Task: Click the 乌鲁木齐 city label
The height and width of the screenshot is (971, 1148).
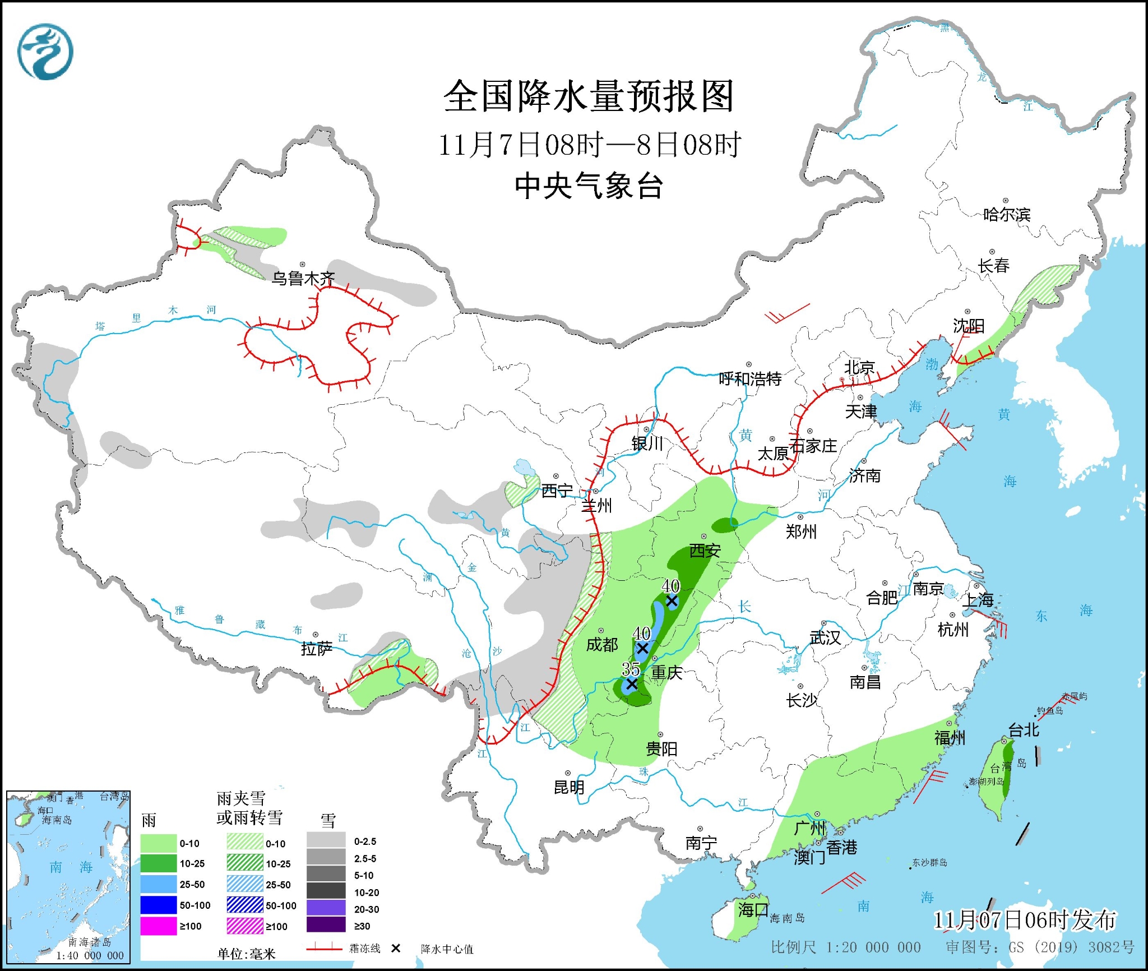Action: click(303, 278)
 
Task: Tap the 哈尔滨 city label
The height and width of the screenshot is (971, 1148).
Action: click(1007, 215)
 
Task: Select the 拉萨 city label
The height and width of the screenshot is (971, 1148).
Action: click(317, 649)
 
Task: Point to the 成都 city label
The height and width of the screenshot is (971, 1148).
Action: click(602, 645)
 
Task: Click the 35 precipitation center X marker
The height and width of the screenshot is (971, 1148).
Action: click(632, 684)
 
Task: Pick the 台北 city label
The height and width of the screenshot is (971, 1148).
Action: click(1024, 730)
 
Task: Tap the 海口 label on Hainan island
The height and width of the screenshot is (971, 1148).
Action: click(753, 909)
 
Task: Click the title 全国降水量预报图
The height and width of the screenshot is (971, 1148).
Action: click(589, 96)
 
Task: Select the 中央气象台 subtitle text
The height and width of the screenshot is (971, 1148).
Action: click(589, 186)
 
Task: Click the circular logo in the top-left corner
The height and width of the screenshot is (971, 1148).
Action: click(45, 52)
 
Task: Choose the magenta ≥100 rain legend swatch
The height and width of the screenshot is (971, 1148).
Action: click(159, 926)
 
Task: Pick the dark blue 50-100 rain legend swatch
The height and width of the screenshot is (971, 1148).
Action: click(159, 905)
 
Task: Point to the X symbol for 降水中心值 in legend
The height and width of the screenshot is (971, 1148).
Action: click(396, 948)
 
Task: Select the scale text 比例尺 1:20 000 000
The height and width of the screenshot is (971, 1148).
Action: click(845, 947)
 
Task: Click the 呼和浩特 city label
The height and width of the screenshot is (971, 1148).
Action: click(750, 379)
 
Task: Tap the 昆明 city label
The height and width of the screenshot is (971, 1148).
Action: click(569, 787)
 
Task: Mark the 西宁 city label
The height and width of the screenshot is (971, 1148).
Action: click(557, 491)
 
